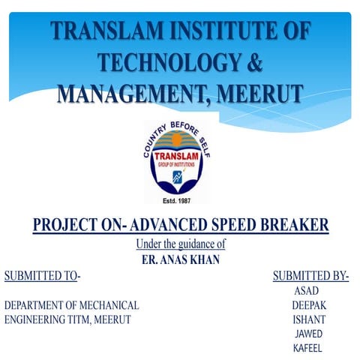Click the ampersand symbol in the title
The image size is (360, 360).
point(255,63)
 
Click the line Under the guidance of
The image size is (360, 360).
point(180,244)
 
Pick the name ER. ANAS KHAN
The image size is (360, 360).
point(180,259)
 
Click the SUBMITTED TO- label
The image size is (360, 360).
point(42,276)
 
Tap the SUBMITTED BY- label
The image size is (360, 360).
point(310,276)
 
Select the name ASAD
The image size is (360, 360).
point(308,291)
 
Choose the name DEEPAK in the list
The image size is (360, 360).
point(309,305)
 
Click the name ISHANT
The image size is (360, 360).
point(308,319)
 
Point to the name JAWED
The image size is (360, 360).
point(309,334)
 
